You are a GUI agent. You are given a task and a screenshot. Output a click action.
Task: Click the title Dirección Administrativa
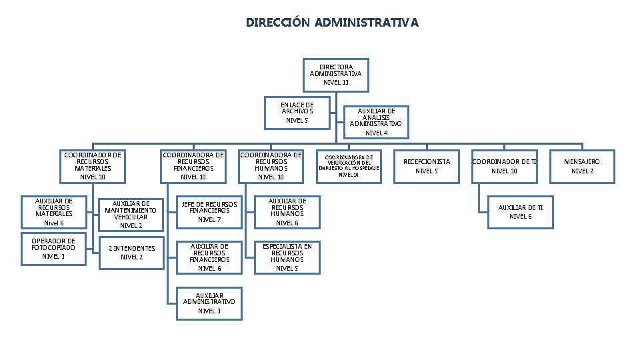(x=332, y=23)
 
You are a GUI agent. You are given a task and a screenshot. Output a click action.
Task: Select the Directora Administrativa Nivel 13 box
(x=336, y=75)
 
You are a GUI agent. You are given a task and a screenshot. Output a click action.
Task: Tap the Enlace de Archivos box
(x=297, y=112)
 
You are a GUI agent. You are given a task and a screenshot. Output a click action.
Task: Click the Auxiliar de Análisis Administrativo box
(x=376, y=122)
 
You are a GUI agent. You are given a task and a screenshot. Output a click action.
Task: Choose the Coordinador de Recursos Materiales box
(x=92, y=166)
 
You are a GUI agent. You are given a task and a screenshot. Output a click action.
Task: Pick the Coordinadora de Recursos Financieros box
(x=194, y=166)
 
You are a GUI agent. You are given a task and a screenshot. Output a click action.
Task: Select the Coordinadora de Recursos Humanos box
(x=271, y=166)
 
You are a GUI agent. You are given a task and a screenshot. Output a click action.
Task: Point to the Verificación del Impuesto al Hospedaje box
(x=349, y=166)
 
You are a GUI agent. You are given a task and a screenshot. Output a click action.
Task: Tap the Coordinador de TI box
(x=505, y=166)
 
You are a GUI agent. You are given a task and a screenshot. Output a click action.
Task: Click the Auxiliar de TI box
(x=521, y=212)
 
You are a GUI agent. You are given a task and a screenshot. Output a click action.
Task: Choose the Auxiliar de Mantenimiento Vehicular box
(x=131, y=214)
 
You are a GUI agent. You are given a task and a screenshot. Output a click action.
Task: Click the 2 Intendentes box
(x=131, y=252)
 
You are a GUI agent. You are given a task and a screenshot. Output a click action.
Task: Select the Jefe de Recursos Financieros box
(x=209, y=211)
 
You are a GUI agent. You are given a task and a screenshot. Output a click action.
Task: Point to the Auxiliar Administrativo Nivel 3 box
(x=209, y=302)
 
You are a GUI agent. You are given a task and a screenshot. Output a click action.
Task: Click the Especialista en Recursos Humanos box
(x=287, y=257)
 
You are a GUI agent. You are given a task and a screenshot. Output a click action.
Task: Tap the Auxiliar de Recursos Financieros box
(x=209, y=257)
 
